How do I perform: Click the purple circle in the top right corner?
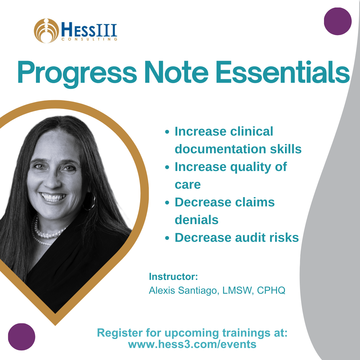coord(337,21)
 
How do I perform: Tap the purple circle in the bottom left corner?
coord(22,337)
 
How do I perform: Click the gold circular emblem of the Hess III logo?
coord(46,31)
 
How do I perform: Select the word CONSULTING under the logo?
coord(89,39)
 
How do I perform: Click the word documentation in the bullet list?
coord(220,149)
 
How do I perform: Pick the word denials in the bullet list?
coord(196,220)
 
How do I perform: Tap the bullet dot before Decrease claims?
coord(167,203)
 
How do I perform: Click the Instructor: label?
coord(173,277)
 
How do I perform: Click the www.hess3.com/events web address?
coord(192,344)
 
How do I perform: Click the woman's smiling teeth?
coord(53,197)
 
